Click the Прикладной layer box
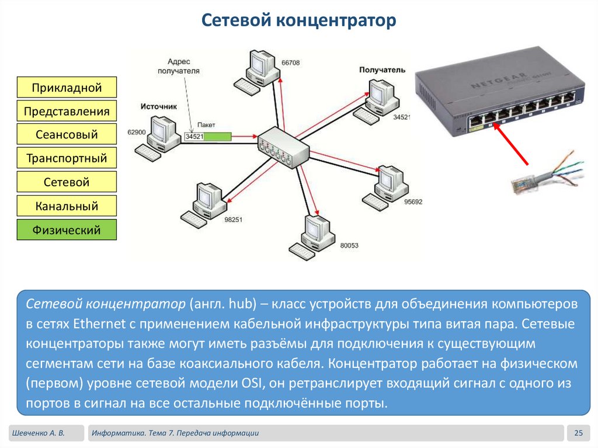click(67, 88)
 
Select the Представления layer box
click(67, 111)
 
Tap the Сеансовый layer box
click(67, 135)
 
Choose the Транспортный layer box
click(67, 158)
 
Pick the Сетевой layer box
click(67, 182)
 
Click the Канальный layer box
click(67, 206)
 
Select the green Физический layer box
click(67, 230)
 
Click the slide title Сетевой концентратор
click(299, 21)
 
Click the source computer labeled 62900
click(163, 135)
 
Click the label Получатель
click(382, 70)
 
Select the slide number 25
click(579, 433)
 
